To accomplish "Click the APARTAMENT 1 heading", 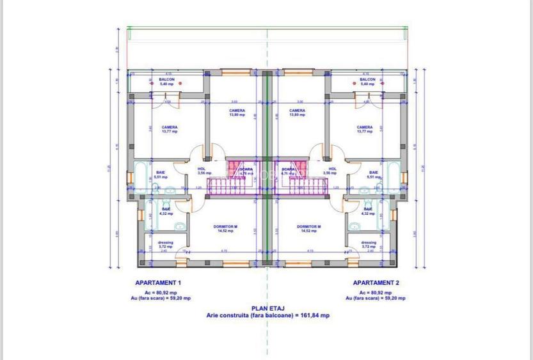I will coord(158,282).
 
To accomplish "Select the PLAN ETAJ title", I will coord(267,308).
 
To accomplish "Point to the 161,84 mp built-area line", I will coord(267,315).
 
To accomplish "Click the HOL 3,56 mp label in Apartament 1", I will coord(201,171).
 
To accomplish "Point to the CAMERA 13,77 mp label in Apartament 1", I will coord(169,129).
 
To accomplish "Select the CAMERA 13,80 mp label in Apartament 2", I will coord(297,113).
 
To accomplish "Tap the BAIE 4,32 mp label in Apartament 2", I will coord(368,211).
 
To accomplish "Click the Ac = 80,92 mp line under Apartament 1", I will coord(158,292).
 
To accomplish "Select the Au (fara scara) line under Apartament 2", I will coord(376,298).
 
